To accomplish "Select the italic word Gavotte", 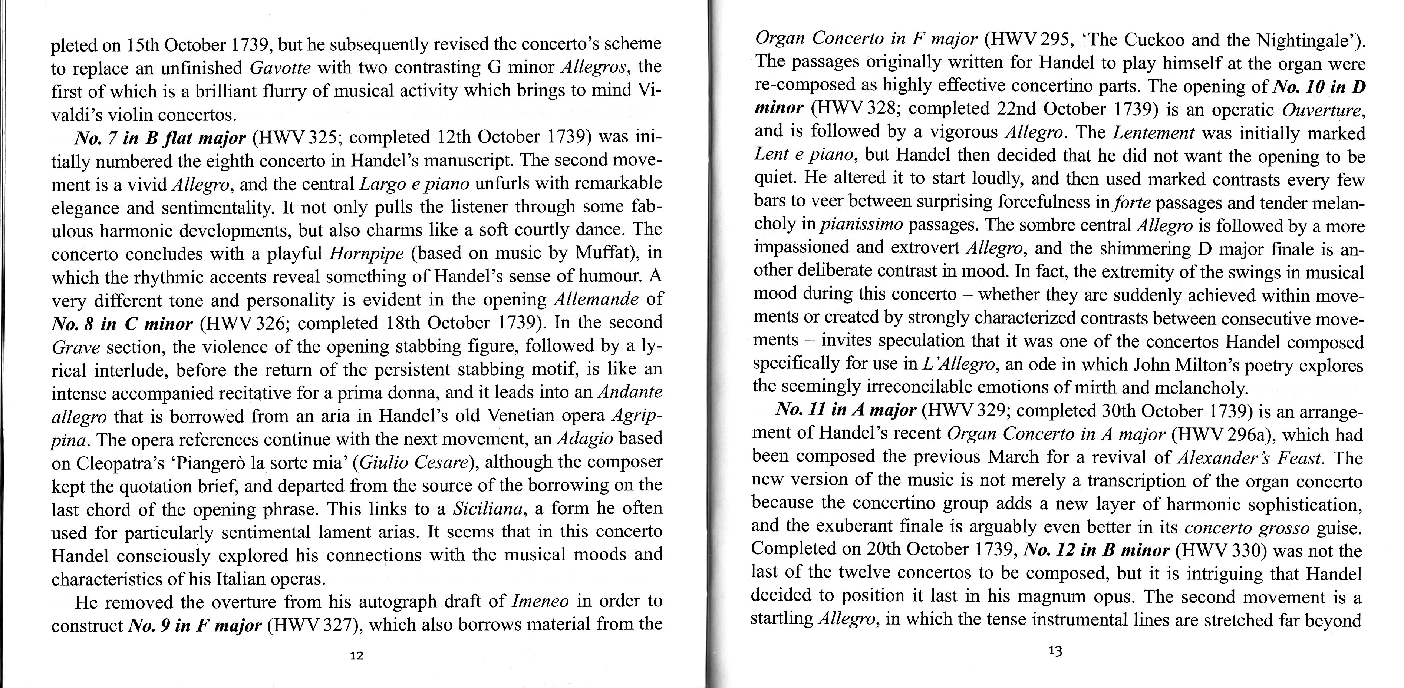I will [280, 67].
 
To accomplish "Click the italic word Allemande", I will [596, 300].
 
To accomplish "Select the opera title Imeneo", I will [541, 601].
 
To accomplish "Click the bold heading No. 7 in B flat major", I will [160, 138].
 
